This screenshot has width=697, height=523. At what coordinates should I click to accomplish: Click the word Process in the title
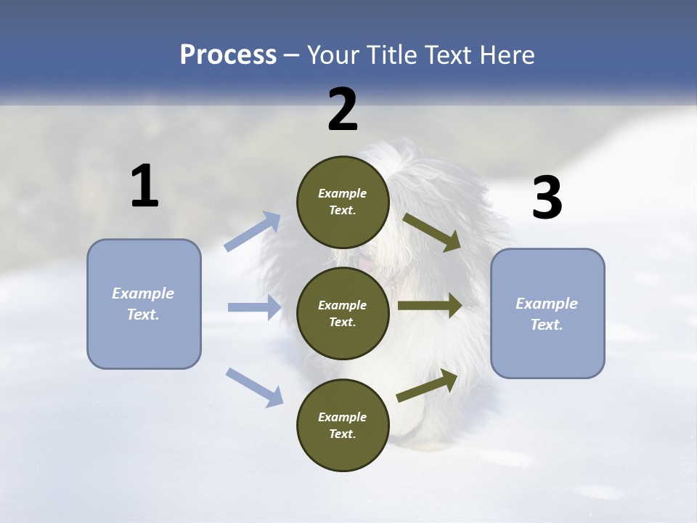(x=228, y=55)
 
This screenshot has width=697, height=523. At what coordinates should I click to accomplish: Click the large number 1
(x=144, y=187)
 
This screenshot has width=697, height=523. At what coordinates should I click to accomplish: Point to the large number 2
(x=343, y=110)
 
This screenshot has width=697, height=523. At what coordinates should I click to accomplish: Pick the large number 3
(x=547, y=198)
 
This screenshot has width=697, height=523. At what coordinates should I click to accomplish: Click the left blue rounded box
(x=144, y=304)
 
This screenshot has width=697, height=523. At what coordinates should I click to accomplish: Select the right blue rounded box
(x=547, y=313)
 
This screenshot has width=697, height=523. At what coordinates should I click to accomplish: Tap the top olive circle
(x=343, y=202)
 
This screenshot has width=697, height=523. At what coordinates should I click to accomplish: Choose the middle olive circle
(x=343, y=313)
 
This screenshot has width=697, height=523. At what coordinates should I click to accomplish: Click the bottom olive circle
(x=343, y=425)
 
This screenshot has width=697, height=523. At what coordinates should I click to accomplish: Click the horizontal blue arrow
(x=254, y=307)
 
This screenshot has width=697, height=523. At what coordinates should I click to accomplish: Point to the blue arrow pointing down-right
(x=255, y=386)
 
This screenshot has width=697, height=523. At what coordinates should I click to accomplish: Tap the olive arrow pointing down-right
(x=432, y=232)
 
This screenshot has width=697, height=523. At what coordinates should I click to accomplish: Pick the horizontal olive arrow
(x=430, y=306)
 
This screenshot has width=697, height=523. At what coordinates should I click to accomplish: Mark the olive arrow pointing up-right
(x=428, y=386)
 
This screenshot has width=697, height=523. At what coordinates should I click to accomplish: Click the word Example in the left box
(x=143, y=293)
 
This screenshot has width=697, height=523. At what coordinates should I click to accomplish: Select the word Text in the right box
(x=546, y=325)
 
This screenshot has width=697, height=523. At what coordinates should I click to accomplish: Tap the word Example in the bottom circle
(x=343, y=417)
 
